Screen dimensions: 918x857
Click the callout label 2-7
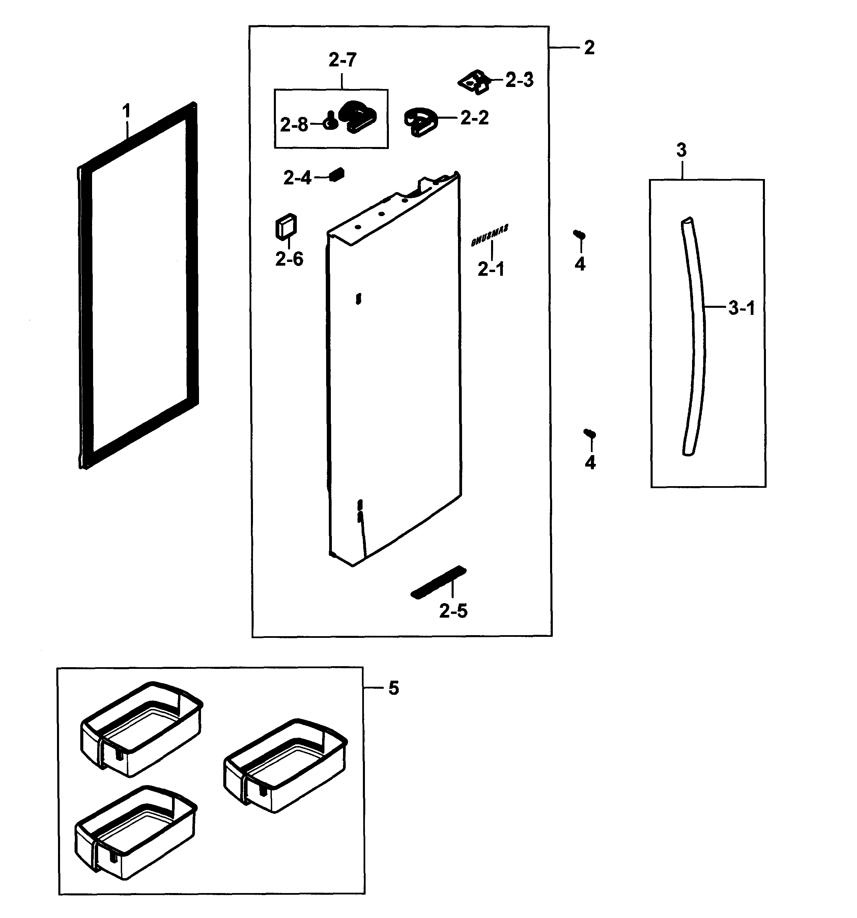pyautogui.click(x=342, y=60)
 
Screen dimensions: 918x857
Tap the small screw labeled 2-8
pyautogui.click(x=330, y=121)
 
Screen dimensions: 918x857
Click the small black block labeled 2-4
pyautogui.click(x=337, y=175)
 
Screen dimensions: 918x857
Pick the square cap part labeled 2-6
pyautogui.click(x=286, y=226)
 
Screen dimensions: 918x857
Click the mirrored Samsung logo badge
pyautogui.click(x=490, y=236)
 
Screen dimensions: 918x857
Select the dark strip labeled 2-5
pyautogui.click(x=438, y=582)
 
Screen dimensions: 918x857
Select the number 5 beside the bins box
pyautogui.click(x=393, y=688)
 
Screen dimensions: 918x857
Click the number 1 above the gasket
pyautogui.click(x=126, y=111)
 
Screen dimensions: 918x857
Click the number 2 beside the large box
pyautogui.click(x=589, y=48)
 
